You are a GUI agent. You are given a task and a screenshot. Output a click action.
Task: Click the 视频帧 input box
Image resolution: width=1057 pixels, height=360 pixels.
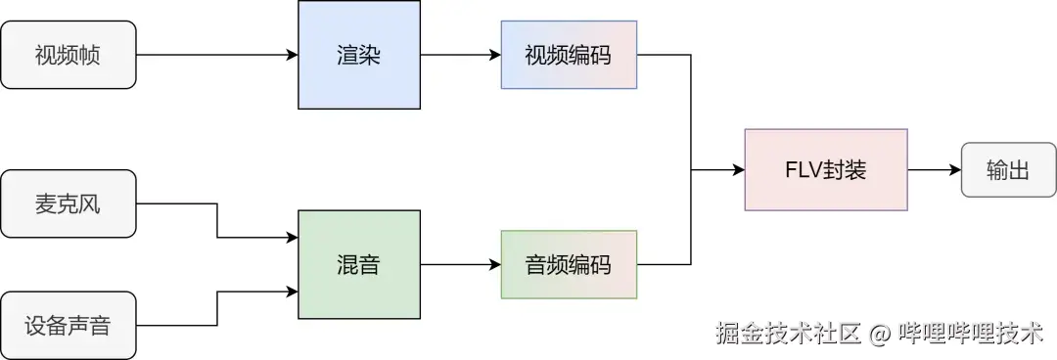coord(69,55)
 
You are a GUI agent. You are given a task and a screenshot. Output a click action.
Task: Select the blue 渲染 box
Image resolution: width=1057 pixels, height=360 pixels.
coord(358,55)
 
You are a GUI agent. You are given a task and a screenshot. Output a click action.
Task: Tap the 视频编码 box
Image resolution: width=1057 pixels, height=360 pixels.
coord(568,55)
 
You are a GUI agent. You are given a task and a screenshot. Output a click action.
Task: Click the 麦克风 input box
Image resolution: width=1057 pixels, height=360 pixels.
coord(69,203)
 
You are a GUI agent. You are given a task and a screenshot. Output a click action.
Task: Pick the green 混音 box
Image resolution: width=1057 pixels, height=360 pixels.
coord(358,264)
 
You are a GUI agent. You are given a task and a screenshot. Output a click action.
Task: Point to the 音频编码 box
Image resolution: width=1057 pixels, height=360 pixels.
coord(568,264)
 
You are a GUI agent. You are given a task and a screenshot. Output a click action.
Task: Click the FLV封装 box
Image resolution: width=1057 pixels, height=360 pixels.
coord(825,169)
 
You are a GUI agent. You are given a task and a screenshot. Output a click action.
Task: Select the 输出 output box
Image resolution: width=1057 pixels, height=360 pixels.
coord(1008,169)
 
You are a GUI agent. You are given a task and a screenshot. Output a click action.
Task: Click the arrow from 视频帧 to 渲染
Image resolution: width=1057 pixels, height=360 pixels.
coord(215,56)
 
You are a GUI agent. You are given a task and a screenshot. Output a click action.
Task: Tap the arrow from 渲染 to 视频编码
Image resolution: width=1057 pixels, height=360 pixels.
coord(460,56)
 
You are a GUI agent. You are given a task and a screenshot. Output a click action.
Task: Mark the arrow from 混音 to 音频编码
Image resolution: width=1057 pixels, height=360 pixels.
coord(460,264)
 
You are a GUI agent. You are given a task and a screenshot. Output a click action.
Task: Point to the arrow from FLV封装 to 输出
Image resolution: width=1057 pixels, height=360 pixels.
coord(935,169)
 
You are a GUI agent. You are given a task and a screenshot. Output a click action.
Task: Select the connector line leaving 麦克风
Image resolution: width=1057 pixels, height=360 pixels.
coord(176,203)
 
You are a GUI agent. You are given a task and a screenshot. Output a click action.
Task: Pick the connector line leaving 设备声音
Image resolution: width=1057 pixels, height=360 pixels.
coord(176,325)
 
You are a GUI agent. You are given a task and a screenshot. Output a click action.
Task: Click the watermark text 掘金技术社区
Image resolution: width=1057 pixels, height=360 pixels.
coord(788,334)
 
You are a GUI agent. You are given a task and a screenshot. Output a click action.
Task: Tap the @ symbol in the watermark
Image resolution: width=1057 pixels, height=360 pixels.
coord(879,335)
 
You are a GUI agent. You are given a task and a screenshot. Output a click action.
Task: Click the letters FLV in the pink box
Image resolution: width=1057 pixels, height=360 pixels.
coord(804,169)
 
